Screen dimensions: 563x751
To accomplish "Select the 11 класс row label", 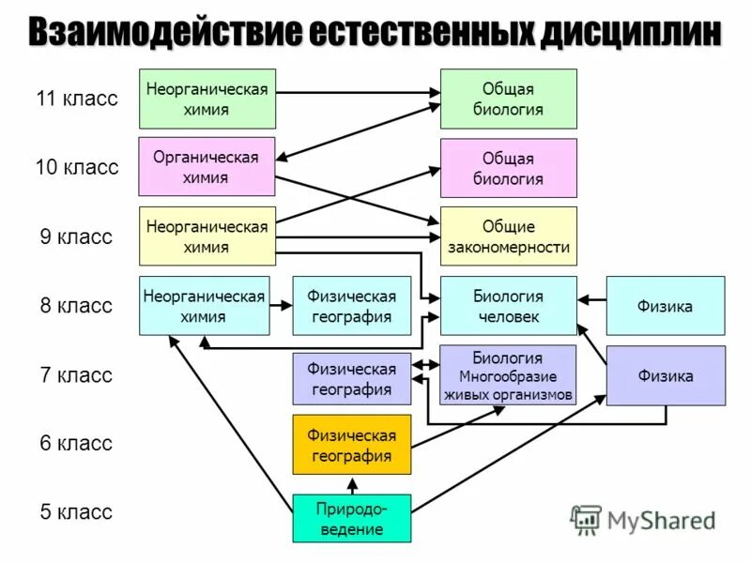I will (77, 99).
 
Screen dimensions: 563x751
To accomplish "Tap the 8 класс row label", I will (76, 305).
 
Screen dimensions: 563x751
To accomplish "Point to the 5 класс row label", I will (76, 512).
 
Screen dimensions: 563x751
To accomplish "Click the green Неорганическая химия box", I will (207, 99).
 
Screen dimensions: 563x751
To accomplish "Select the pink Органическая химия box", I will (207, 167).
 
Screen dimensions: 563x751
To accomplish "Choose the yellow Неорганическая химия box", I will (207, 236).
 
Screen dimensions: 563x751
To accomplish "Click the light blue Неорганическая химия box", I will (204, 306).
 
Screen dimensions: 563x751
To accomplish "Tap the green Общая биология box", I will (508, 99).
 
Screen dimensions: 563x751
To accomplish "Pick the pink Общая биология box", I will (508, 168).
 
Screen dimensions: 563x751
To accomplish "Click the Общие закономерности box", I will (508, 236).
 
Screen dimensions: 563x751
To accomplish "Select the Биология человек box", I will (508, 306).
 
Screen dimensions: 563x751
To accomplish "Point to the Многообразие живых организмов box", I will (508, 375).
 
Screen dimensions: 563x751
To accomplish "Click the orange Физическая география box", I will (351, 444).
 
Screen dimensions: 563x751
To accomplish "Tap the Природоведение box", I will (351, 518).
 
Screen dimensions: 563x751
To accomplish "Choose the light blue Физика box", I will (665, 306).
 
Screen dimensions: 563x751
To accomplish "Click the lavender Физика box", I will (665, 375).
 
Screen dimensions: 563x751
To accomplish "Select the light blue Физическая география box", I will (351, 306).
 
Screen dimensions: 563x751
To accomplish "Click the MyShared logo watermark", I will (643, 519).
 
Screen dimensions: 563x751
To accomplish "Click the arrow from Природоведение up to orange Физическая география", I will (351, 484).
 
